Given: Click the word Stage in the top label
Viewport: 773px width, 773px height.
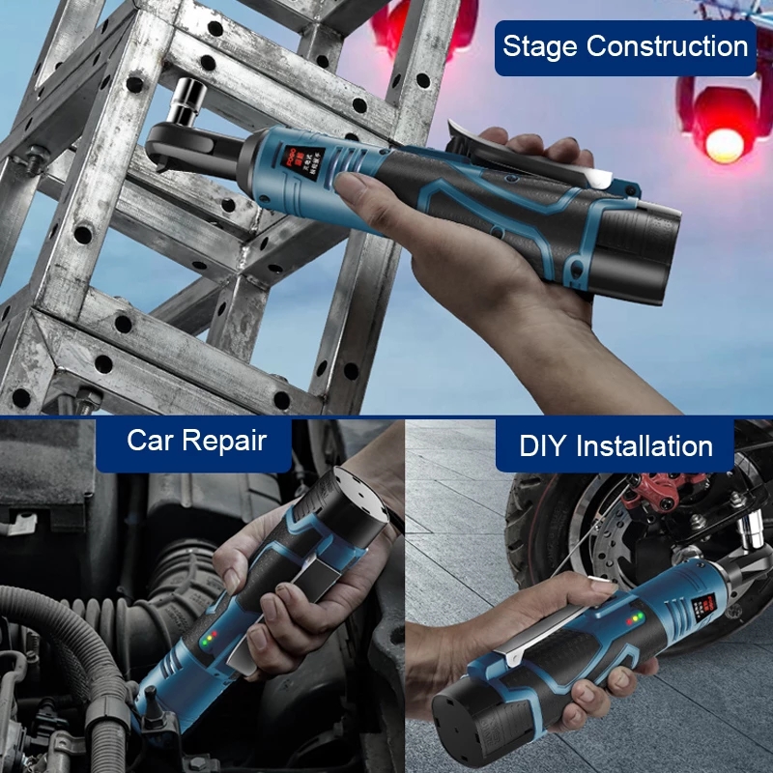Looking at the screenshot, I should (x=540, y=46).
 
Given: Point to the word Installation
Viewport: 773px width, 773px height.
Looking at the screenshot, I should (x=644, y=446).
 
